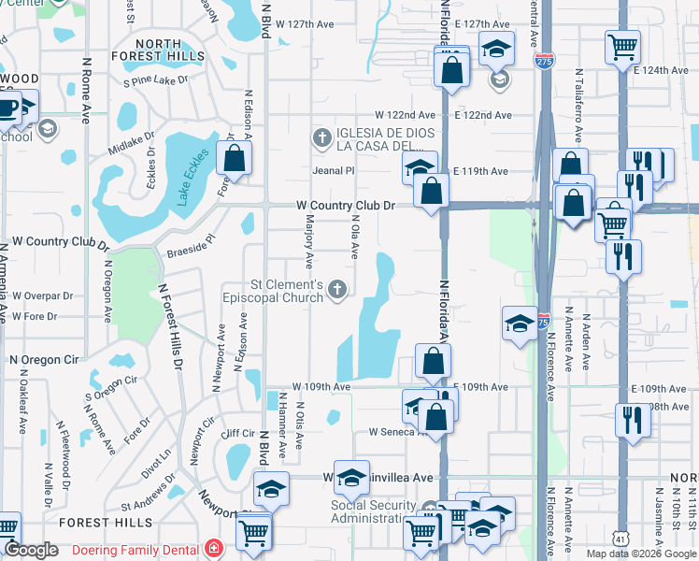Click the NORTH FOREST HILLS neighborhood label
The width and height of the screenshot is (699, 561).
pyautogui.click(x=170, y=50)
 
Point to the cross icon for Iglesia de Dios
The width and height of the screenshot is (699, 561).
pyautogui.click(x=321, y=139)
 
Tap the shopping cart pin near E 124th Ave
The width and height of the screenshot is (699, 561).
pyautogui.click(x=622, y=46)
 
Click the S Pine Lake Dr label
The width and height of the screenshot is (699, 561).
pyautogui.click(x=155, y=80)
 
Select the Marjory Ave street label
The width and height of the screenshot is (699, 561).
pyautogui.click(x=308, y=238)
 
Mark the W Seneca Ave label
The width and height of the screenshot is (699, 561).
pyautogui.click(x=397, y=432)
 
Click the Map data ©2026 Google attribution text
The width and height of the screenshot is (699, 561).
pyautogui.click(x=641, y=553)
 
